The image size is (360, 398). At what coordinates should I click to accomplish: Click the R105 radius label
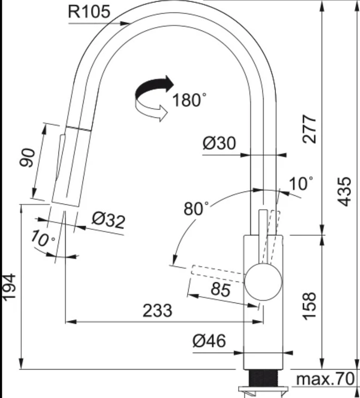click(x=89, y=12)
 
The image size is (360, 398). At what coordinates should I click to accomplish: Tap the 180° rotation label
click(x=189, y=100)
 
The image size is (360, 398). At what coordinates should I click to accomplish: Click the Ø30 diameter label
click(x=220, y=143)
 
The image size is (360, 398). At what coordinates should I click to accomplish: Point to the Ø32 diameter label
click(x=108, y=220)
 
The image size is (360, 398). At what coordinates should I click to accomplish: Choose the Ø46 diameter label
click(x=209, y=341)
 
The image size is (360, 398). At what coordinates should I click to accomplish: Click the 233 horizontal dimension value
click(x=157, y=310)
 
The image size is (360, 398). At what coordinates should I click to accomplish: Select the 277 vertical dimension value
click(x=310, y=129)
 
